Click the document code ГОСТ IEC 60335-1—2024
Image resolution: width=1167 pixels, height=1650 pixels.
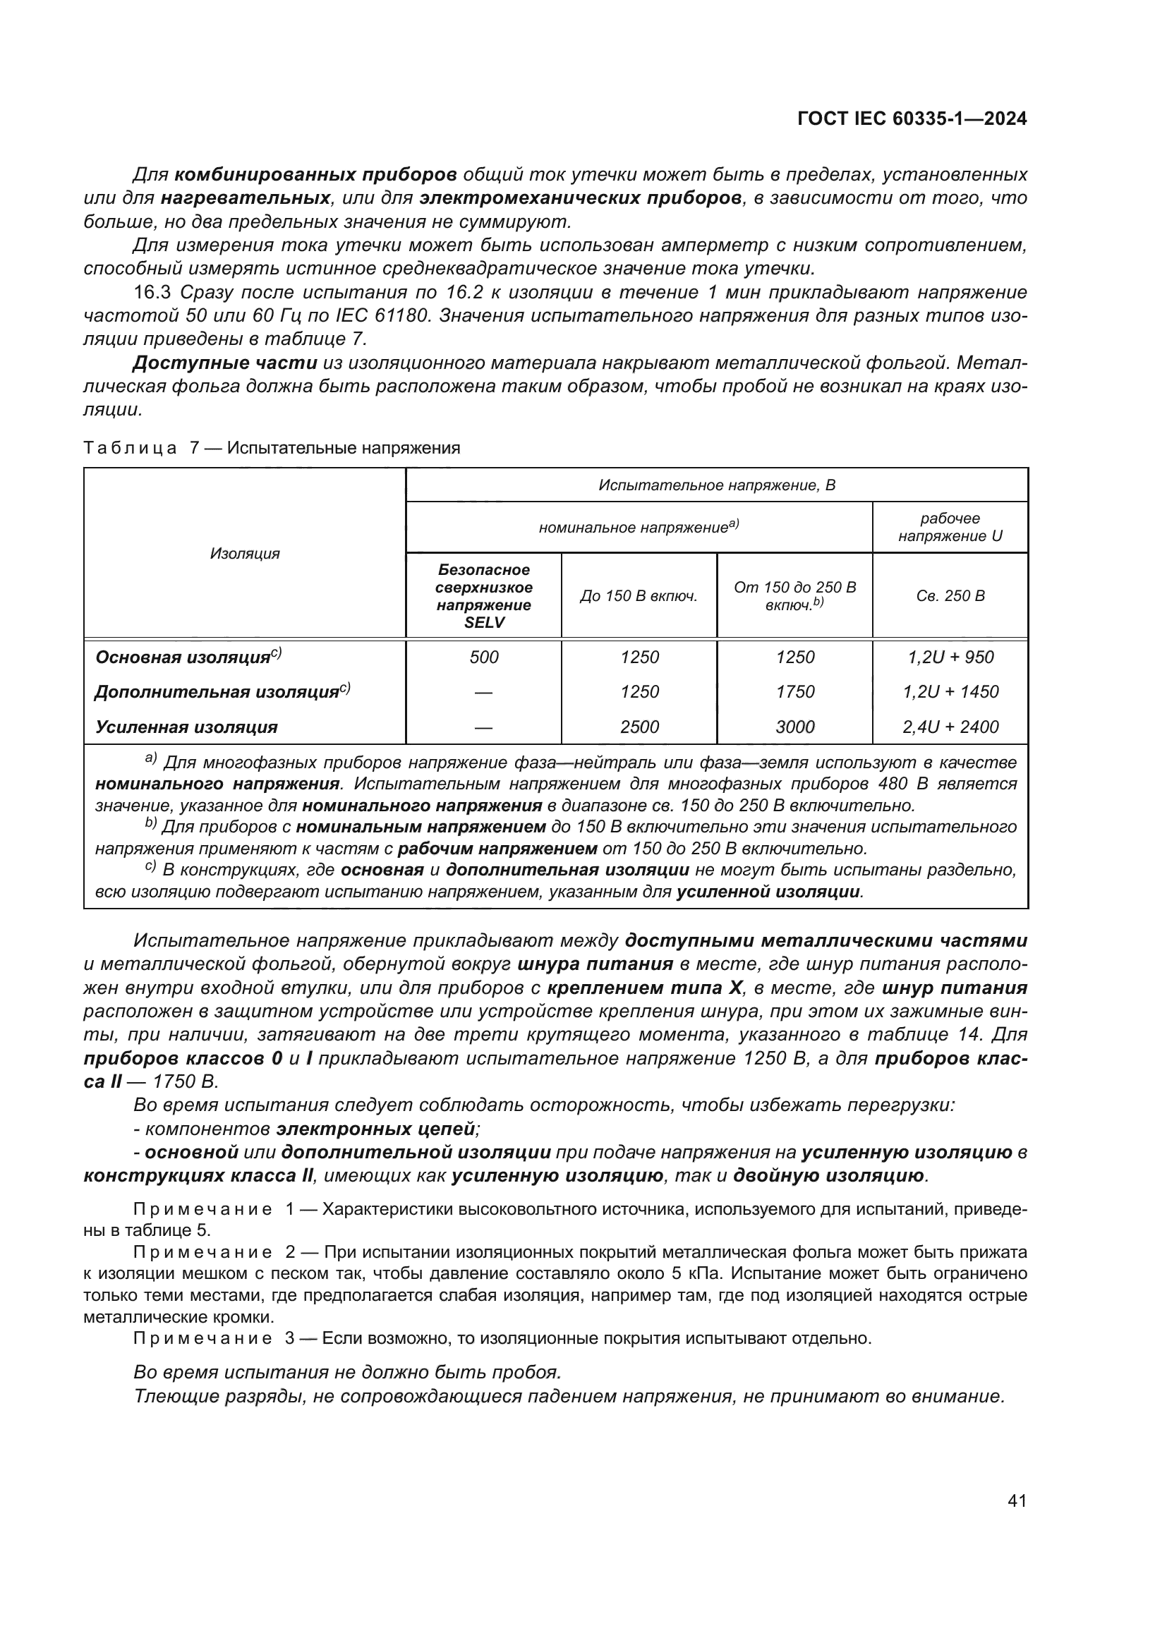[x=911, y=119]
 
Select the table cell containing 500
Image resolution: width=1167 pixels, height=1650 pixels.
[x=483, y=657]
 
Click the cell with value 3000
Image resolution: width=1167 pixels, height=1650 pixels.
[x=794, y=727]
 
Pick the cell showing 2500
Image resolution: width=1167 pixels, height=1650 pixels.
[x=639, y=727]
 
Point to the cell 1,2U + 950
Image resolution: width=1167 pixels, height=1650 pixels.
[x=950, y=657]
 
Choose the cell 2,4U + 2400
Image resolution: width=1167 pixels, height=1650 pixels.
[x=950, y=727]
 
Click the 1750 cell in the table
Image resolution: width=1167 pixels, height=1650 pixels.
[x=794, y=691]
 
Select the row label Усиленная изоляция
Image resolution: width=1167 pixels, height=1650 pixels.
[x=186, y=727]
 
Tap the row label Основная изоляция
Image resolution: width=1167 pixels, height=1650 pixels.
[x=183, y=657]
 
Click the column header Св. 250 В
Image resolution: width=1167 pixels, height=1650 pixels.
[x=950, y=596]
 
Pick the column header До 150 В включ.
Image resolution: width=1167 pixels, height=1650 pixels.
[x=639, y=596]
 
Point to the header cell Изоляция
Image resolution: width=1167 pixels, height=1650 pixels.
[x=244, y=553]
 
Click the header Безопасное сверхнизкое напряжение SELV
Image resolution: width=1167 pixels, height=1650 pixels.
[x=483, y=596]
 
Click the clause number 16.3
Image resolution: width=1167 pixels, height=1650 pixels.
[x=152, y=293]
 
